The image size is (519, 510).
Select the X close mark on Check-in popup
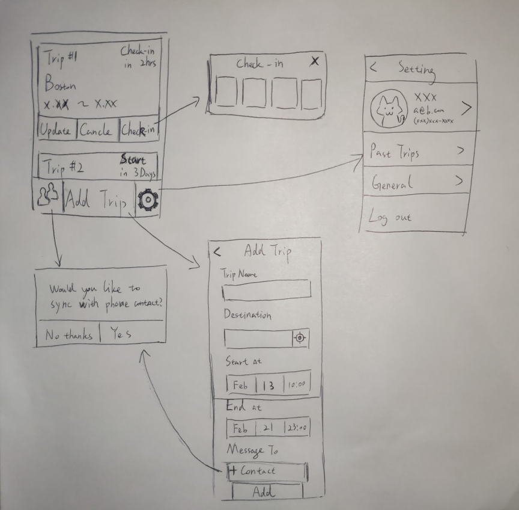click(x=314, y=62)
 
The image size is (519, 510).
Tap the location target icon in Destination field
click(x=300, y=339)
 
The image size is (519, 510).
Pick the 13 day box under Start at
click(x=268, y=386)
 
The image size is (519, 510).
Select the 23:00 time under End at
click(x=297, y=429)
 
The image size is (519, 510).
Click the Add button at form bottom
click(x=266, y=492)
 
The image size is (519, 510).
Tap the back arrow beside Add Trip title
click(x=217, y=252)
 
